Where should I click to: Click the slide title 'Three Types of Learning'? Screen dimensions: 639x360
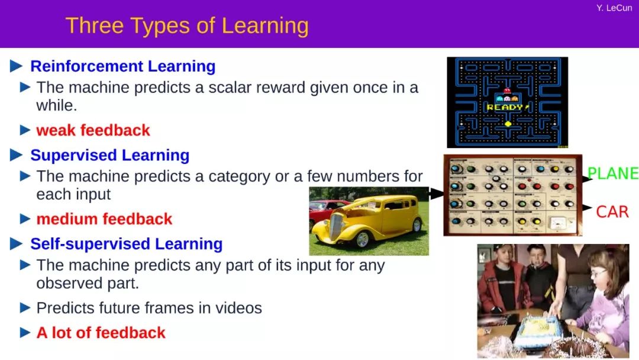[187, 25]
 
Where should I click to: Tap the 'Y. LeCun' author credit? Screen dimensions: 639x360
[614, 8]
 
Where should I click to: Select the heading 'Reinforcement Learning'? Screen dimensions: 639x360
[122, 66]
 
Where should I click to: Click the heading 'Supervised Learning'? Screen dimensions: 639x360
[109, 155]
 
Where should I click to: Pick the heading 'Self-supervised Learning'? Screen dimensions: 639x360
[127, 244]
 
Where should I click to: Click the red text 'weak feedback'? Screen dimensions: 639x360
[93, 130]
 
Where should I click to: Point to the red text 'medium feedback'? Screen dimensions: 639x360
[104, 219]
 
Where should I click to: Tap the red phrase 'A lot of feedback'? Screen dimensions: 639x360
[101, 333]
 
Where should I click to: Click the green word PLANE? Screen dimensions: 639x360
[612, 173]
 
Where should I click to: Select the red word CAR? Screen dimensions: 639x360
[612, 212]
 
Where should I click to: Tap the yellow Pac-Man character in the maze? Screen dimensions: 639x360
[508, 124]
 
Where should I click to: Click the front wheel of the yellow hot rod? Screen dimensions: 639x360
[362, 239]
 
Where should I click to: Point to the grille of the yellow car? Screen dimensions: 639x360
[335, 227]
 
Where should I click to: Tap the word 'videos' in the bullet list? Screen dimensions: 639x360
[238, 308]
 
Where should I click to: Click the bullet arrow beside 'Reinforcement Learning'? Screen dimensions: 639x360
[17, 66]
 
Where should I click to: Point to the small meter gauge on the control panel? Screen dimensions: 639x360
[557, 223]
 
